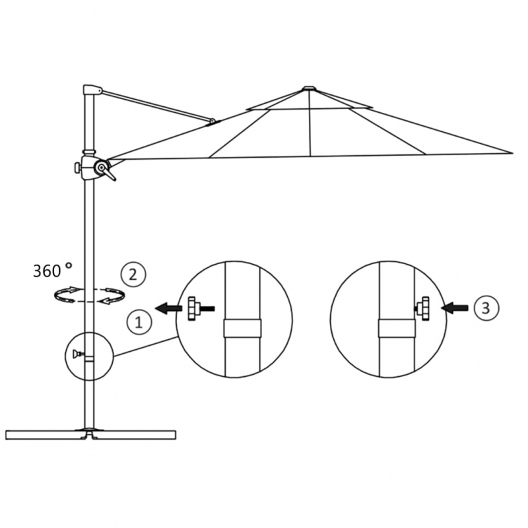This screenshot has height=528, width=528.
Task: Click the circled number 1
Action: point(139,323)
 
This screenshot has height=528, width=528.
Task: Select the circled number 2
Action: point(133,273)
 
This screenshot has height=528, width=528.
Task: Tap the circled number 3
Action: point(486,307)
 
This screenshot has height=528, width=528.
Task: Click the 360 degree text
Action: point(52,270)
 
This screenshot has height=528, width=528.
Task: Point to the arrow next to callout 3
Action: point(455,307)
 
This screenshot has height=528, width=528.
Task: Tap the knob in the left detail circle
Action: point(194,308)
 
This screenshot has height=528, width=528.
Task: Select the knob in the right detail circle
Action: point(422,307)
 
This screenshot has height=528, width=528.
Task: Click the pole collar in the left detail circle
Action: point(242,328)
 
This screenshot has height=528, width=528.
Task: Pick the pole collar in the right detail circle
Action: point(396,328)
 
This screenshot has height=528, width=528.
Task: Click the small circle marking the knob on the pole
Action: point(88,355)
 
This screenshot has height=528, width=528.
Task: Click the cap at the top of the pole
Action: point(92,89)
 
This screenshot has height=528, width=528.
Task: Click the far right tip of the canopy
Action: point(511,153)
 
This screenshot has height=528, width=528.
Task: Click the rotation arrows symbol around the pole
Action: point(89,295)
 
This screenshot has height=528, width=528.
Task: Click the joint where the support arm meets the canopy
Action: point(212,121)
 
